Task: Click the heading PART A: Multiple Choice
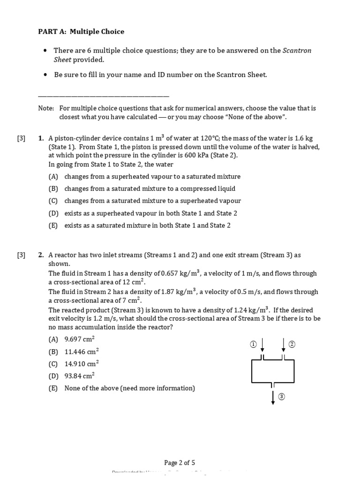tap(81, 31)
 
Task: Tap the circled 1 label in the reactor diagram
tap(253, 345)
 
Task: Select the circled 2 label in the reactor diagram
tap(292, 345)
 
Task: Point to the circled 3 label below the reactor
tap(282, 397)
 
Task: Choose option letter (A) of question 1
tap(53, 177)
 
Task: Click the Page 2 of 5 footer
tap(180, 463)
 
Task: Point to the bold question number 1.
tap(41, 138)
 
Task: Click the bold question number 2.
tap(41, 255)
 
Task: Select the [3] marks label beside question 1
tap(22, 138)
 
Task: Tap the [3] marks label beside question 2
tap(22, 255)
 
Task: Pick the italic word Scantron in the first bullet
tap(297, 51)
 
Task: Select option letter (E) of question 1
tap(53, 225)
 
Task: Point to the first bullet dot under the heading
tap(45, 51)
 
